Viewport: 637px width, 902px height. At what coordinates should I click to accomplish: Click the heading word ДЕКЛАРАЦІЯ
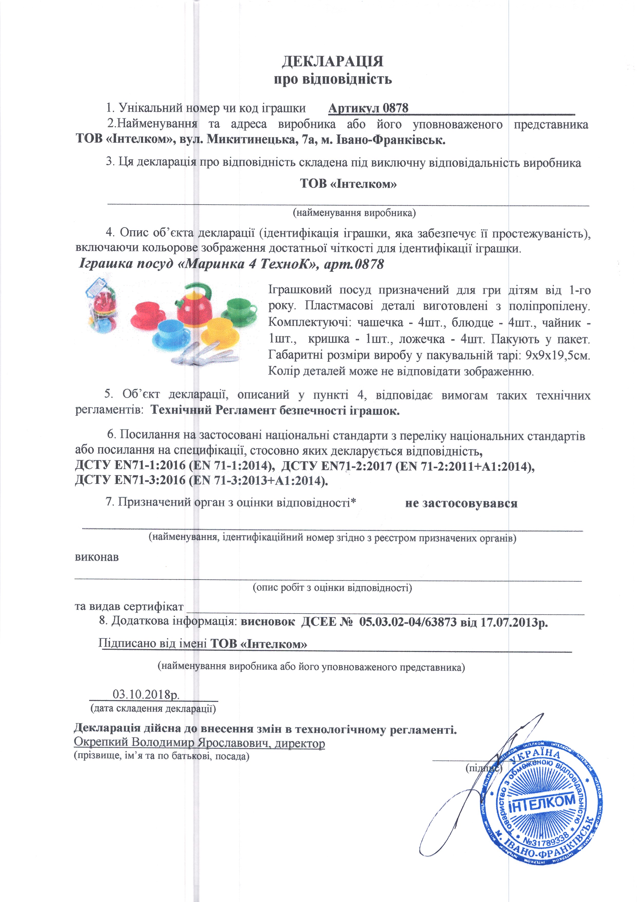332,62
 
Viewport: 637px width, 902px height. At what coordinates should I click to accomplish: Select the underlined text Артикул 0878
368,108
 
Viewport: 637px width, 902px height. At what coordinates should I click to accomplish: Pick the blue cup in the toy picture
172,334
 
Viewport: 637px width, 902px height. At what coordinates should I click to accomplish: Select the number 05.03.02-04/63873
408,622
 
